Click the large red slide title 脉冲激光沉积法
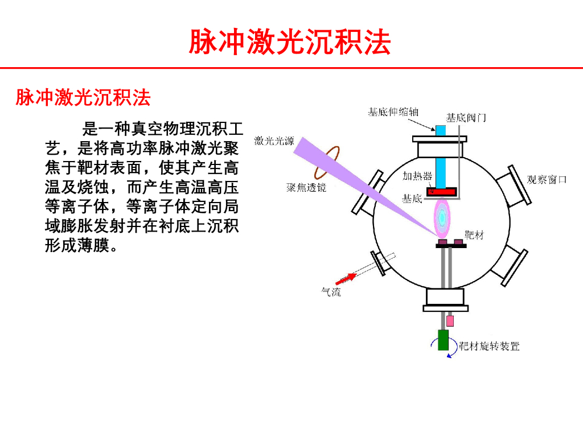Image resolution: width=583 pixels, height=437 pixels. click(x=290, y=42)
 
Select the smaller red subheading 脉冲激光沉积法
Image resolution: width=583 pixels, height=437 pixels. click(x=83, y=98)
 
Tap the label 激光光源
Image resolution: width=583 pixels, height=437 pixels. click(x=274, y=141)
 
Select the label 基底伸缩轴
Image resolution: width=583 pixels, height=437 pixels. click(x=393, y=112)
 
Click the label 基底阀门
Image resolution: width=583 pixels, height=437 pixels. click(x=466, y=118)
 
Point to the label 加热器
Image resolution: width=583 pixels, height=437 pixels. click(x=417, y=176)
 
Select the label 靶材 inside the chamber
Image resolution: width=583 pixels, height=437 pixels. click(x=474, y=234)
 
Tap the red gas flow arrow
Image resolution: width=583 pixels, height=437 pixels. click(x=345, y=278)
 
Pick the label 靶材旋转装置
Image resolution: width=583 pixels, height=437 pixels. click(x=490, y=345)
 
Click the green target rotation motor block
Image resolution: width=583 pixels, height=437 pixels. click(x=443, y=340)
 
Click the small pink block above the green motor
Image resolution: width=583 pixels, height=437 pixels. click(x=450, y=320)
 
